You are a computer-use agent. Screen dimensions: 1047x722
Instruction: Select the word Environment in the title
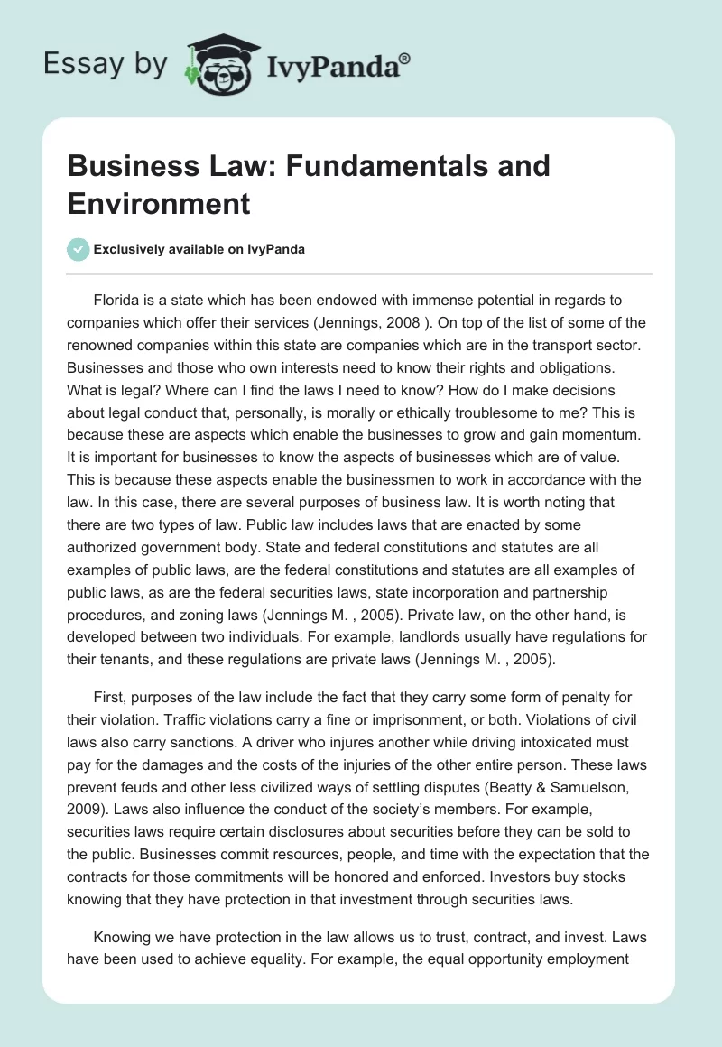[159, 203]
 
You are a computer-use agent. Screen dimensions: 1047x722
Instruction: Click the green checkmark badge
[79, 250]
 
